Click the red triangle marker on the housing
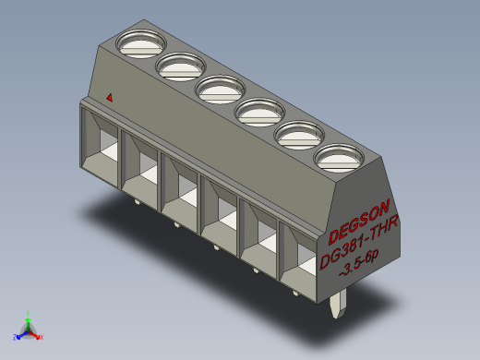click(110, 96)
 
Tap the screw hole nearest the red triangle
click(140, 42)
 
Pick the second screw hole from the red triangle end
click(180, 66)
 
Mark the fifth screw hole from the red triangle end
click(298, 137)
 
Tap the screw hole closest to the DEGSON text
click(337, 161)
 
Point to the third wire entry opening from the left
click(181, 187)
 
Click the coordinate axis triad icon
click(28, 328)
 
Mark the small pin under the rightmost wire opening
click(295, 294)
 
